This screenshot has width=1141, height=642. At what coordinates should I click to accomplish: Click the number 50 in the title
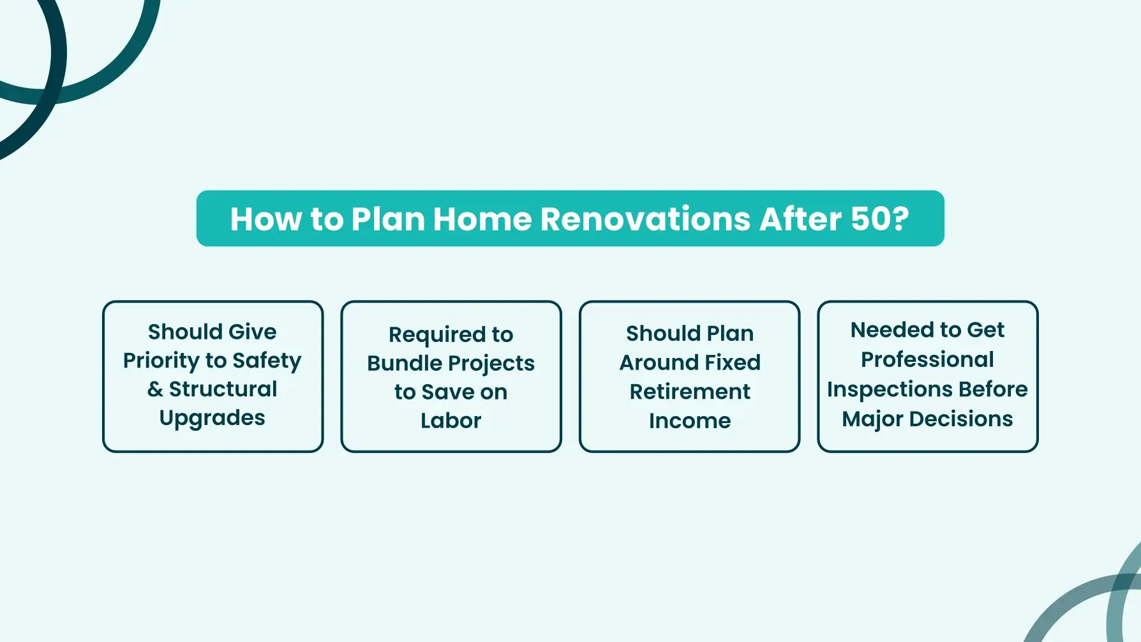point(871,219)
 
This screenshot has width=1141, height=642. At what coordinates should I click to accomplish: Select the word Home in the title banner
point(482,219)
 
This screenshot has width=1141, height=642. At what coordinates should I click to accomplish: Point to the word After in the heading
point(801,219)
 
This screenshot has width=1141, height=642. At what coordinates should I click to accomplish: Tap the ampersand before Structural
point(155,389)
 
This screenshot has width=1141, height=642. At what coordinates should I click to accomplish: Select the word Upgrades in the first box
point(213,418)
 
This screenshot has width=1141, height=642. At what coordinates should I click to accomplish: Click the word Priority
point(161,361)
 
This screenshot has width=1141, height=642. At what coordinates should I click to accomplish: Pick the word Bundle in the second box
point(406,363)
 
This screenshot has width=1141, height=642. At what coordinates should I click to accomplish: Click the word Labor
point(451,421)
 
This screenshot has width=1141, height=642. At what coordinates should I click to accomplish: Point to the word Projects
point(493,364)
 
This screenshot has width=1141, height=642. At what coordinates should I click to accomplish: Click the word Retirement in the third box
point(690,391)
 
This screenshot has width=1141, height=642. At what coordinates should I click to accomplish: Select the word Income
point(690,421)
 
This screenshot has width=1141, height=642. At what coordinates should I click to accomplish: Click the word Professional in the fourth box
point(927,359)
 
